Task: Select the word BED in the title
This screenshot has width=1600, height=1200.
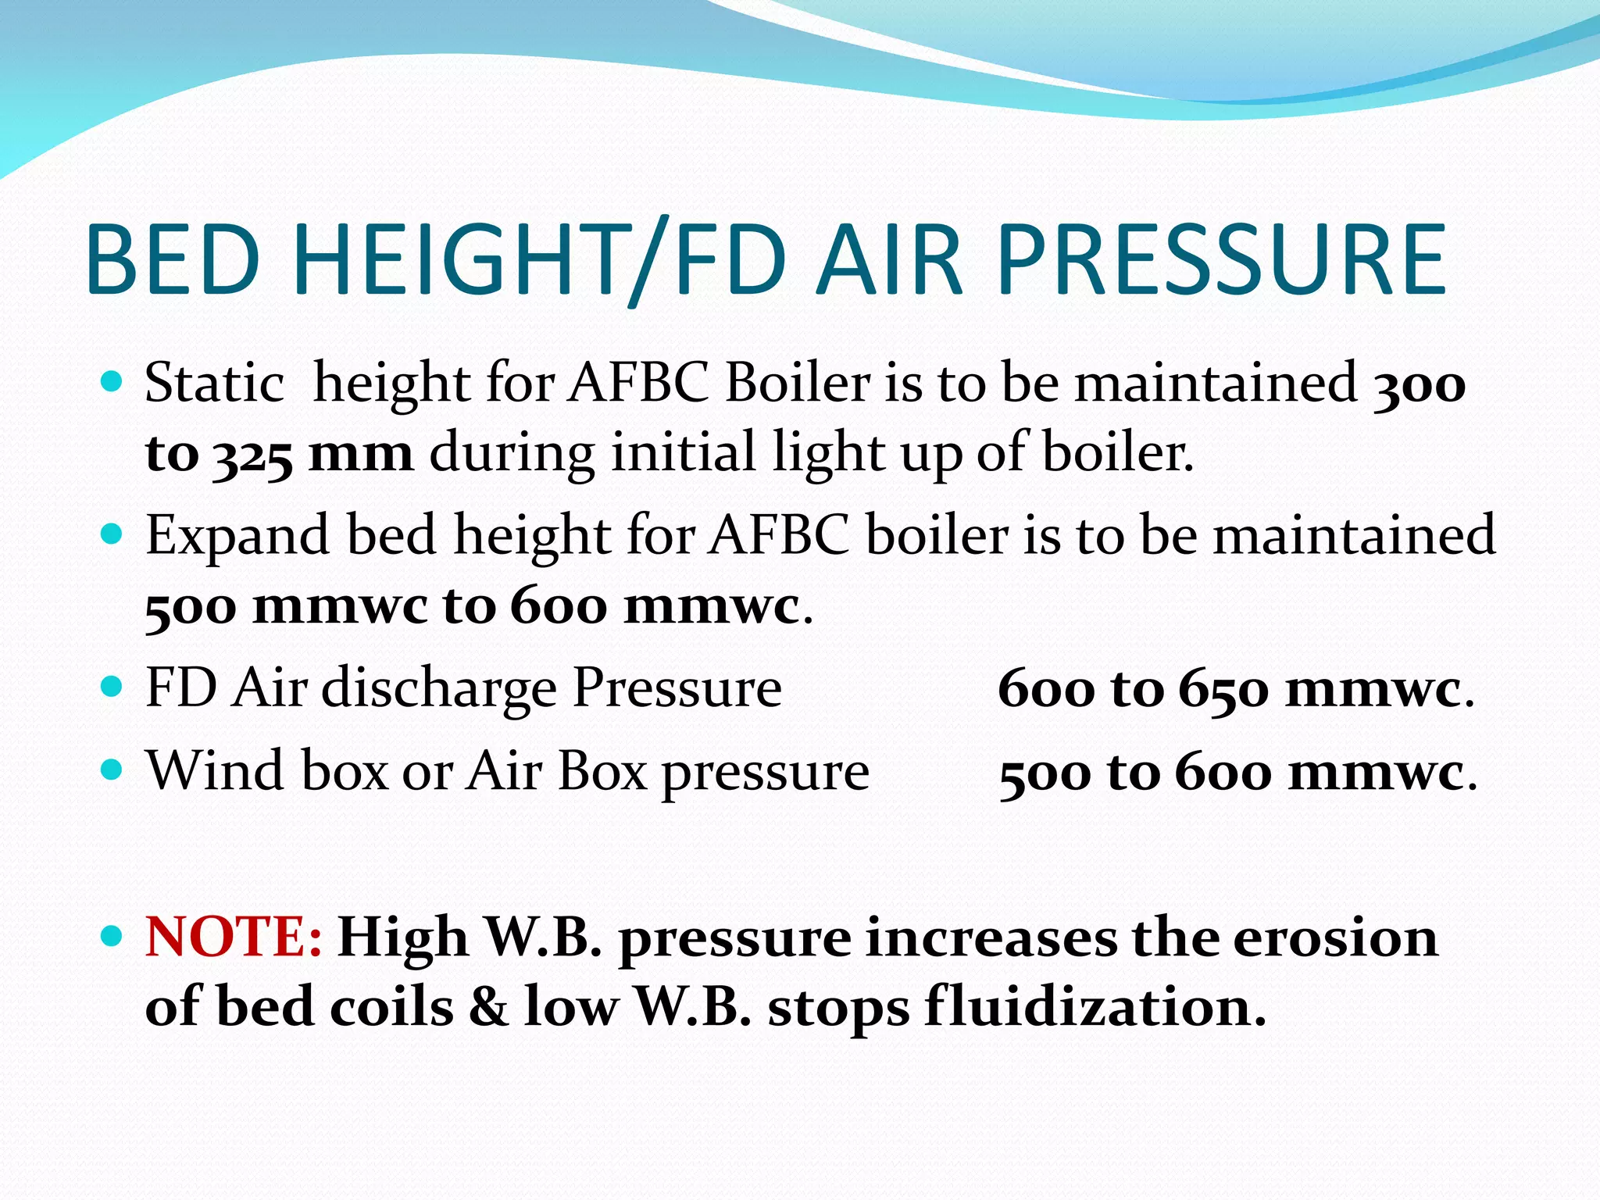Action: [173, 260]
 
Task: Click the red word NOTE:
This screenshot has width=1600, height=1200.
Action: [233, 936]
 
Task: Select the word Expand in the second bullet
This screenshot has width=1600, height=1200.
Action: [237, 537]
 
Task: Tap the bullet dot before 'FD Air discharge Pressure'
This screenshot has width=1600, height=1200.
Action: [112, 687]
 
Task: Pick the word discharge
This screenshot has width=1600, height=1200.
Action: [439, 688]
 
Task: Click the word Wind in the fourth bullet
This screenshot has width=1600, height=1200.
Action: [216, 771]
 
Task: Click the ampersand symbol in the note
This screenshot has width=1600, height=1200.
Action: [488, 1007]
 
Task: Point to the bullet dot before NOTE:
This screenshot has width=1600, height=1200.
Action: [112, 934]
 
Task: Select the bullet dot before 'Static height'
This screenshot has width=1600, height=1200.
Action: [112, 381]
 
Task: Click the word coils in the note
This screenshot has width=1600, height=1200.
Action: [391, 1007]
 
